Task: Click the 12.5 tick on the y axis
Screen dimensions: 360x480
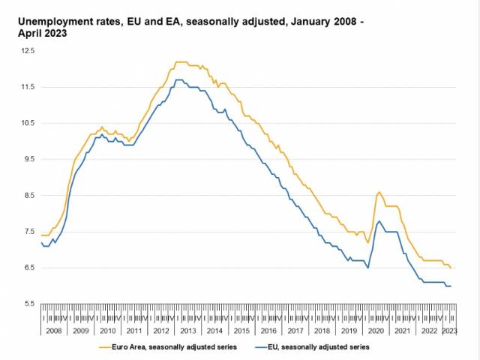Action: coord(28,51)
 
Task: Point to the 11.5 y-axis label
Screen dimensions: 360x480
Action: coord(28,87)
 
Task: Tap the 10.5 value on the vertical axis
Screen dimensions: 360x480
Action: coord(28,123)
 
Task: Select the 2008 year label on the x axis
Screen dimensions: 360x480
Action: coord(54,331)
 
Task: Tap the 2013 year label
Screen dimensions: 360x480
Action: coord(187,331)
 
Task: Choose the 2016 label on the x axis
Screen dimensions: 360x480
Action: coord(268,331)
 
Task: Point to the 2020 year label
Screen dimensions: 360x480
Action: coord(375,331)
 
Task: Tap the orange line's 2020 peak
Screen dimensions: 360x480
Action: coord(379,193)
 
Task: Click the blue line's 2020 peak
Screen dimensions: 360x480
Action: coord(379,221)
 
